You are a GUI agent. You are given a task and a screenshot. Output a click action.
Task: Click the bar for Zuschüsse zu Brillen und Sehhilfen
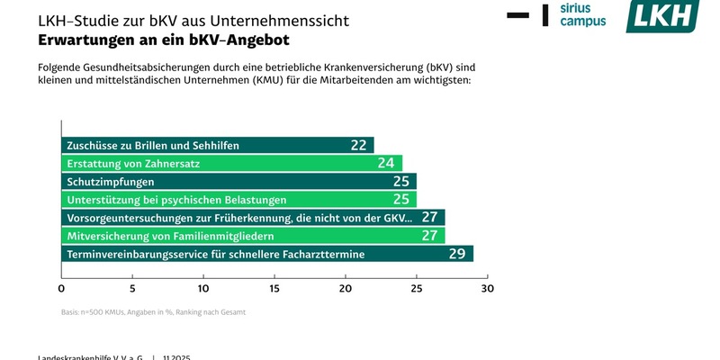(x=217, y=145)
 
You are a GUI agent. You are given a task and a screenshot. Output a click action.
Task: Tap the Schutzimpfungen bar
(x=238, y=181)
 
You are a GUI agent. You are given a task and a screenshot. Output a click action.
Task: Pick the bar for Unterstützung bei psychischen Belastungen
(x=238, y=199)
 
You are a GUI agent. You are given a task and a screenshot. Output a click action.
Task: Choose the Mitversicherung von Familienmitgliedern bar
(x=253, y=236)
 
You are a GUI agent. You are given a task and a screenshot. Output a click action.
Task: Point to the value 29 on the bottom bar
(x=456, y=254)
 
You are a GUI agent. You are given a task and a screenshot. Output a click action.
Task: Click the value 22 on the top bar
(x=358, y=145)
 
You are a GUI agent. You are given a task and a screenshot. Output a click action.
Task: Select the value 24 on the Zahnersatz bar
(x=386, y=163)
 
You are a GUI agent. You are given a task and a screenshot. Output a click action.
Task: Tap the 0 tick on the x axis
(x=61, y=289)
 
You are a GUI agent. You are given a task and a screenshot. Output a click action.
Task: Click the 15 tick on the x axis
(x=274, y=289)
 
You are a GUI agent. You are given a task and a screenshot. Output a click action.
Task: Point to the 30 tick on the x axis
(x=488, y=289)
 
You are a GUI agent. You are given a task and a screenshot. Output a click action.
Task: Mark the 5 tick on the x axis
(x=132, y=289)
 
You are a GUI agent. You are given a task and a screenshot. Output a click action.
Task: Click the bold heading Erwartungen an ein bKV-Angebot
(x=163, y=40)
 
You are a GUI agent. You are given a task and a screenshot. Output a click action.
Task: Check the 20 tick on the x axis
(x=346, y=289)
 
